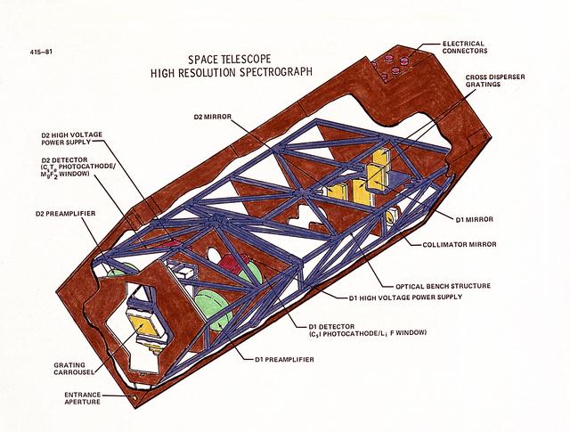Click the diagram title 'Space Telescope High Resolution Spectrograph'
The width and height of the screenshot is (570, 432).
point(232,65)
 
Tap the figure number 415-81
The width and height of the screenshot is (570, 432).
point(41,52)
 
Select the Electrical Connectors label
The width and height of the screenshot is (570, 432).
point(465,47)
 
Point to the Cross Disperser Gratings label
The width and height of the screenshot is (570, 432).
point(495,81)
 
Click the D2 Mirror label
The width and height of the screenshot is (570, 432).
point(213,117)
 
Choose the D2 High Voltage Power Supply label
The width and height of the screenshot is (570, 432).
point(71,138)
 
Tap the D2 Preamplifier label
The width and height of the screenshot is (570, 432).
point(65,214)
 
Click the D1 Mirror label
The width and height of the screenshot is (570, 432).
point(475,219)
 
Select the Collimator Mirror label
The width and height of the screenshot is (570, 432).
point(460,244)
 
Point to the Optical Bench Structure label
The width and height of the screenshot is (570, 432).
point(443,286)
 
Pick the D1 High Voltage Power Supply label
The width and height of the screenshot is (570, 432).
point(405,298)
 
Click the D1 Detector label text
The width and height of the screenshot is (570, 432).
point(367,330)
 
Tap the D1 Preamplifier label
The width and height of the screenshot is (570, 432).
point(284,360)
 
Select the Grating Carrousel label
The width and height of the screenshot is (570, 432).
point(74,369)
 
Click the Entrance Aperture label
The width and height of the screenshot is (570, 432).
point(83,398)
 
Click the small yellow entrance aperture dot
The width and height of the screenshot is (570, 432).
point(135,397)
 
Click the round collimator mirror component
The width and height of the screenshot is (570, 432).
point(389,218)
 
